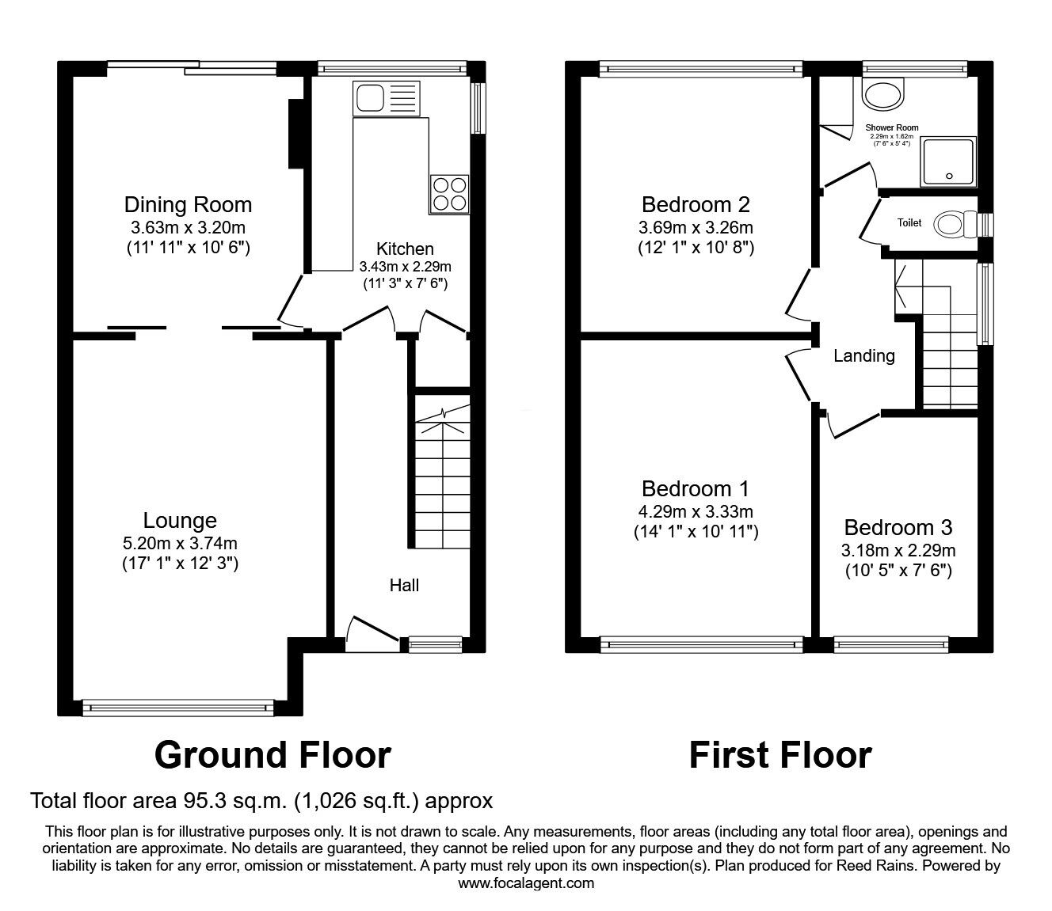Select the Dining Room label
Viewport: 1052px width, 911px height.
188,205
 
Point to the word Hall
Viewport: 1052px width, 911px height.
404,586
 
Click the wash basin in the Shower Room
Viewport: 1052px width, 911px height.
882,97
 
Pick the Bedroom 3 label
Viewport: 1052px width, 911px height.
898,527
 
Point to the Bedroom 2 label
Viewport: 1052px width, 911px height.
696,205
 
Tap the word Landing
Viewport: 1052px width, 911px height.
863,356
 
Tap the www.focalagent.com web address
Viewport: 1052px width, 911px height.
526,883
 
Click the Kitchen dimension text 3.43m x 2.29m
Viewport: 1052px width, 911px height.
405,267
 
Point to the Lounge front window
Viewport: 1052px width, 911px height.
178,707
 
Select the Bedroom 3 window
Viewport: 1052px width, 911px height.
892,644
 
